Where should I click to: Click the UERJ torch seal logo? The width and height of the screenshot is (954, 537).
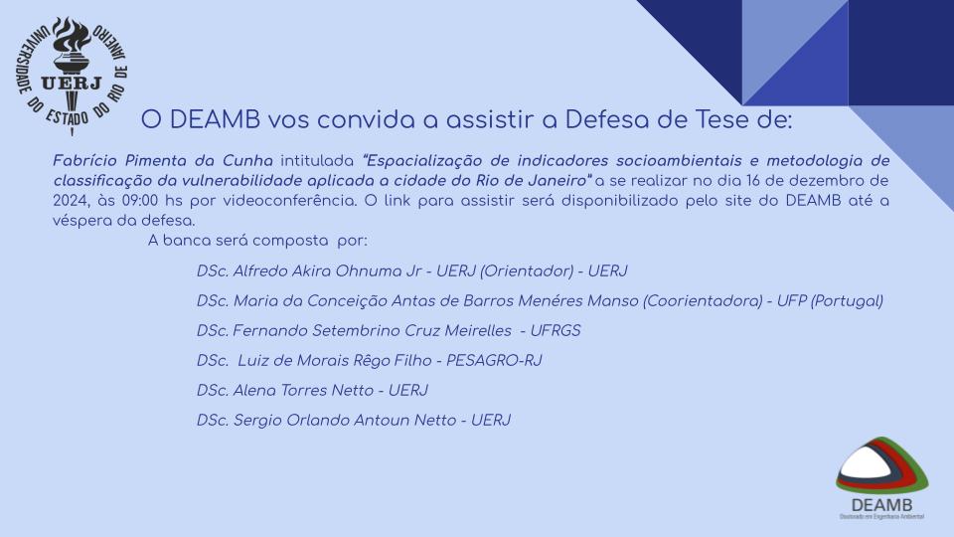72,76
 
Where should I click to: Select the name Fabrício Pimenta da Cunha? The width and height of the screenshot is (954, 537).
163,161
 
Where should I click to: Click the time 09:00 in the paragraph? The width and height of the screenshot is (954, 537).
140,201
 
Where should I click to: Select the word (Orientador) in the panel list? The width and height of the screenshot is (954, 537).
527,270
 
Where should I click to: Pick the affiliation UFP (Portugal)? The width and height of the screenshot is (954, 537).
830,300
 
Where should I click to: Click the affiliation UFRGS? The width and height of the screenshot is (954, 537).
556,330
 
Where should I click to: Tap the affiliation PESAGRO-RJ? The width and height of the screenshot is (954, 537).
494,360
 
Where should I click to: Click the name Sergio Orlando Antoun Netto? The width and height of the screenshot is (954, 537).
345,420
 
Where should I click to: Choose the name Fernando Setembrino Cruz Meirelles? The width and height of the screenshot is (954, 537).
373,330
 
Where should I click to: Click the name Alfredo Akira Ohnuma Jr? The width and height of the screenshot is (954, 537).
327,270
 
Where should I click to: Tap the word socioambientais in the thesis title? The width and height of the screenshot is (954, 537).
679,161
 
